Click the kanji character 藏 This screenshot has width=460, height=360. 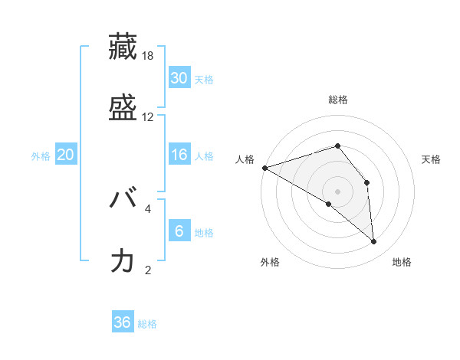pyautogui.click(x=123, y=48)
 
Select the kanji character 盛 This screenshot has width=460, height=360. pyautogui.click(x=123, y=107)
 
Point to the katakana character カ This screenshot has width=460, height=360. pyautogui.click(x=123, y=260)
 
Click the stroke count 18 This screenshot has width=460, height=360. pyautogui.click(x=148, y=56)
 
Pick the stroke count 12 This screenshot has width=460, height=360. pyautogui.click(x=148, y=116)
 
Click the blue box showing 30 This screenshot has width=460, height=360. pyautogui.click(x=179, y=78)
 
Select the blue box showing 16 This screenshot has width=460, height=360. pyautogui.click(x=179, y=155)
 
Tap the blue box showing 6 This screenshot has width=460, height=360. pyautogui.click(x=179, y=231)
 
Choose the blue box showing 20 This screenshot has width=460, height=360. pyautogui.click(x=66, y=155)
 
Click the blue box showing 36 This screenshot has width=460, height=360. pyautogui.click(x=123, y=322)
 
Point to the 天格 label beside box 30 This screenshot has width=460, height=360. pyautogui.click(x=204, y=80)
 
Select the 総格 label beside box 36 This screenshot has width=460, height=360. pyautogui.click(x=147, y=324)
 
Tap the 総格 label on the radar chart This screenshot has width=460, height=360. pyautogui.click(x=338, y=100)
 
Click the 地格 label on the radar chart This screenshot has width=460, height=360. pyautogui.click(x=402, y=262)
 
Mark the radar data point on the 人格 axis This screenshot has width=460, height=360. pyautogui.click(x=264, y=167)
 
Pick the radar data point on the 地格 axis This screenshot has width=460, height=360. pyautogui.click(x=373, y=241)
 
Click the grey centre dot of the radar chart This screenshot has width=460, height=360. pyautogui.click(x=337, y=191)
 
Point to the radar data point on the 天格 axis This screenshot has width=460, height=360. pyautogui.click(x=367, y=182)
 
